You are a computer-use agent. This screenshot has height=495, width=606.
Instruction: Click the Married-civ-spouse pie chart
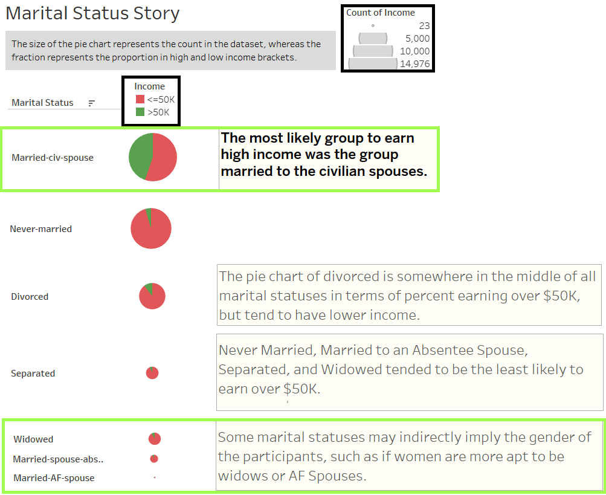click(153, 157)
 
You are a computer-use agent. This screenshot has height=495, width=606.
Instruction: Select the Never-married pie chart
click(151, 228)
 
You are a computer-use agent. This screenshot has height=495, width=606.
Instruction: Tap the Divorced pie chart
click(152, 296)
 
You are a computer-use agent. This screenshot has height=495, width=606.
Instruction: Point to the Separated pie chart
click(152, 373)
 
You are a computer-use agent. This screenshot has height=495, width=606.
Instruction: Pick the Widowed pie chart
click(155, 439)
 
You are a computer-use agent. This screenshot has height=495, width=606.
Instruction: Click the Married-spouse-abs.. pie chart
click(154, 459)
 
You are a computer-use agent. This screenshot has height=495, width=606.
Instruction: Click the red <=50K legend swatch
click(140, 100)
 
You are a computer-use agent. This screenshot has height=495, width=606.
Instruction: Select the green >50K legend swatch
click(140, 112)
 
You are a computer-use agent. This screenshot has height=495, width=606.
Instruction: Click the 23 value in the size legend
click(424, 25)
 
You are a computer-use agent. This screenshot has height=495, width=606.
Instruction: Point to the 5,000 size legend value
click(417, 38)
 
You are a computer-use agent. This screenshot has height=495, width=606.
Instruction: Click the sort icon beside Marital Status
click(92, 103)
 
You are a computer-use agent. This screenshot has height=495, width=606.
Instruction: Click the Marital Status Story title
click(92, 13)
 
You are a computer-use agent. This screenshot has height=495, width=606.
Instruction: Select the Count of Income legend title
click(381, 13)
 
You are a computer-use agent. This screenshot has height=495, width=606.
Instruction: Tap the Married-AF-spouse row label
click(54, 478)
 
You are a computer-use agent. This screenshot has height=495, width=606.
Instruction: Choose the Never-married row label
click(40, 229)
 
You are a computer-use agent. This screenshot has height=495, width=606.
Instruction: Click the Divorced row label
click(30, 297)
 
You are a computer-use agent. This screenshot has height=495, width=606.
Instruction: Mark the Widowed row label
click(33, 439)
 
